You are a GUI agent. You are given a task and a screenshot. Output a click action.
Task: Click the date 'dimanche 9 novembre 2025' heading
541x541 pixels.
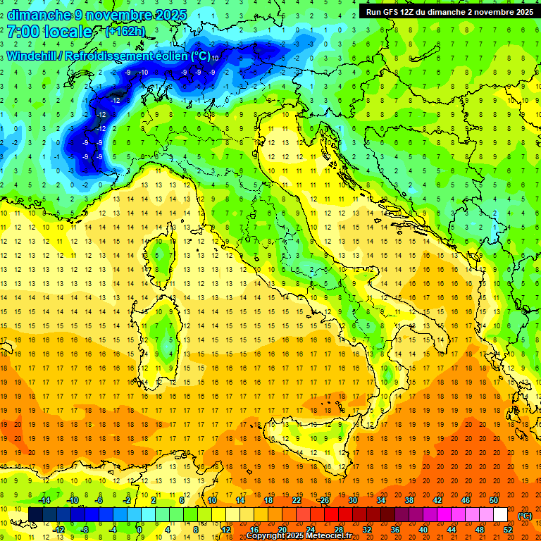coord(97,15)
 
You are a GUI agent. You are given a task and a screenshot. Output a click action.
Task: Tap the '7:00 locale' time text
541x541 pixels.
coord(50,32)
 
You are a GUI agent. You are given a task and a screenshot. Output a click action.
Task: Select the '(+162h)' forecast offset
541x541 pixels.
coord(125,32)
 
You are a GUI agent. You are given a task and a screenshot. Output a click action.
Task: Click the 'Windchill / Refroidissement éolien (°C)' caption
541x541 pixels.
coord(108,56)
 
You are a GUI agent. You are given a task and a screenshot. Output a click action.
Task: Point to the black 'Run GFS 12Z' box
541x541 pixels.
coord(449,11)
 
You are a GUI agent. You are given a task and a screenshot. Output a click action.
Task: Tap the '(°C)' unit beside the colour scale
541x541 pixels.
coord(525,516)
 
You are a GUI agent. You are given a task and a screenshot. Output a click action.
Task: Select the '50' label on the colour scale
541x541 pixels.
coord(494,500)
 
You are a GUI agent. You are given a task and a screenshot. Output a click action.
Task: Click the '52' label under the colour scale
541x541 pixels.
coord(508,530)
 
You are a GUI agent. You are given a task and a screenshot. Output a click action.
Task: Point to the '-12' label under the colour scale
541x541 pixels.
coord(59,530)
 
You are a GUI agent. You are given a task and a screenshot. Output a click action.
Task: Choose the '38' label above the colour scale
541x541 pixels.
coord(409,500)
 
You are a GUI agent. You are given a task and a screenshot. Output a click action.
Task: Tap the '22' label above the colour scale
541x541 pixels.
coord(297,500)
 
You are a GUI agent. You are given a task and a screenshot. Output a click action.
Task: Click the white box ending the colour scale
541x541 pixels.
coord(501,515)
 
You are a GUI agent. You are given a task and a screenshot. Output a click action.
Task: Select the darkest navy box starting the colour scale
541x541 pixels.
coord(35,515)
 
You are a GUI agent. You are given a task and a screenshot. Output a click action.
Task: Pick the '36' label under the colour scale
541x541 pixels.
coord(395,530)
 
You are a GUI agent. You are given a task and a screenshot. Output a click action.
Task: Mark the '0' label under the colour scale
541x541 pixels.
coord(139,530)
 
